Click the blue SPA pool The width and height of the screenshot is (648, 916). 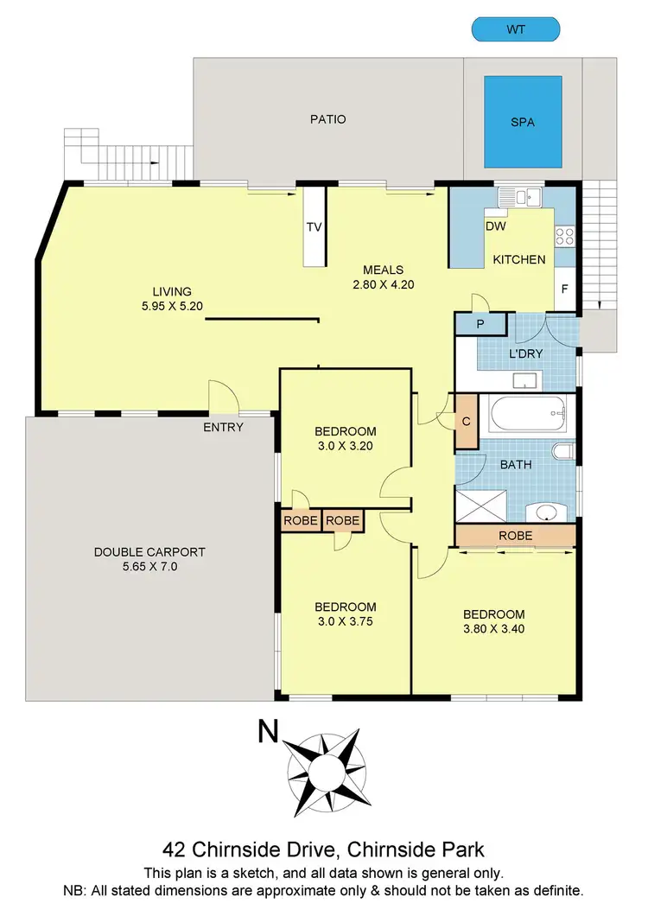tap(523, 123)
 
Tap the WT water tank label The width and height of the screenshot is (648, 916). tap(516, 29)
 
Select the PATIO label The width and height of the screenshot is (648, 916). tap(328, 119)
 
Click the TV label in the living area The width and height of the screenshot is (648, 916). tap(314, 228)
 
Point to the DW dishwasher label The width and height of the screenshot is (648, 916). tap(495, 227)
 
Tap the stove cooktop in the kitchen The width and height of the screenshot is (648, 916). tap(566, 235)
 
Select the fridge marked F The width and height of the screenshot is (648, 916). tap(565, 289)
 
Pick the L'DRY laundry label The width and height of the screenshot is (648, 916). tap(524, 353)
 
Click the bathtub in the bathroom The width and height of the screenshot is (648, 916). tap(527, 417)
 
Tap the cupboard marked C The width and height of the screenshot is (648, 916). tap(467, 422)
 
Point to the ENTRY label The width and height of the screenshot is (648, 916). tap(223, 427)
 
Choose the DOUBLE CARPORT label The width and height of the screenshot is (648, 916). tap(149, 551)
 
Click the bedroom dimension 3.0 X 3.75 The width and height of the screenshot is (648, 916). tap(345, 621)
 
